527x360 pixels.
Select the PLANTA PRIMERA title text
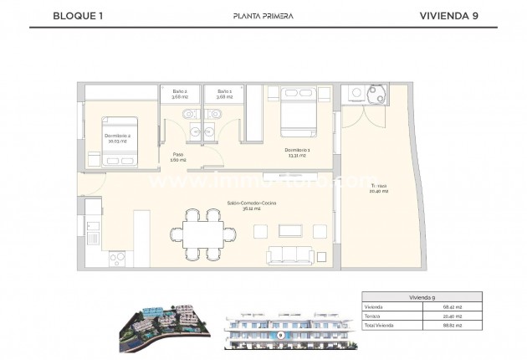[x=263, y=15]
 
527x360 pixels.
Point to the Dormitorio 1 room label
[x=297, y=151]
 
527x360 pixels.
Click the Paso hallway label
[x=178, y=157]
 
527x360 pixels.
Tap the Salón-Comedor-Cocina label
[x=251, y=205]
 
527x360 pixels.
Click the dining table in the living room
[x=197, y=233]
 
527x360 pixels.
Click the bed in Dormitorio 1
[x=298, y=111]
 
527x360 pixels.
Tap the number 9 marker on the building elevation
[x=281, y=334]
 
